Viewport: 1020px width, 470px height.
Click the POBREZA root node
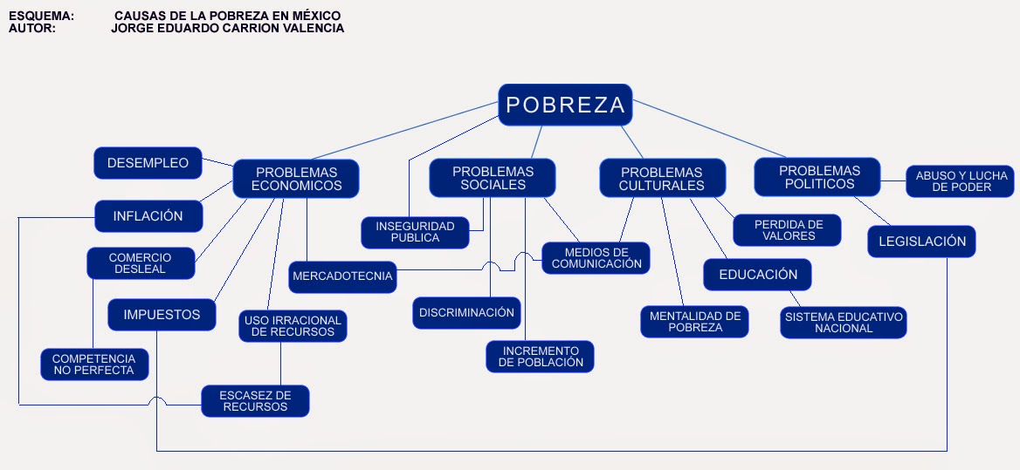coord(565,106)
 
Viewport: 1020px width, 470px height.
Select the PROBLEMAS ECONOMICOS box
coord(297,179)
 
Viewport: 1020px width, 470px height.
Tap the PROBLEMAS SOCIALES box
coord(493,178)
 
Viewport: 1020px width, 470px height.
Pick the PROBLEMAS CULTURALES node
coord(662,179)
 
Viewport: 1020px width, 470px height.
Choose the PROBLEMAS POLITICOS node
coord(819,177)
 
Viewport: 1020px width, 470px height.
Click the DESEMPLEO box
coord(148,163)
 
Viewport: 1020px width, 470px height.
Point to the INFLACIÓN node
coord(148,216)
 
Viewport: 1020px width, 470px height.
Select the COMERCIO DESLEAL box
coord(140,263)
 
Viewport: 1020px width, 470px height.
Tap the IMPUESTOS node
coord(162,315)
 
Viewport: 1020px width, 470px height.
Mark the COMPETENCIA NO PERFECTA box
coord(94,364)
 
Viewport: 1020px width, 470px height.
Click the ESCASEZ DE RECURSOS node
coord(255,401)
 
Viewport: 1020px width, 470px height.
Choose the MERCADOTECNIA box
coord(343,276)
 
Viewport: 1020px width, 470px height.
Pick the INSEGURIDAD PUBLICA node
coord(415,232)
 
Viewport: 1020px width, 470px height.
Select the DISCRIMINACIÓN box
coord(466,312)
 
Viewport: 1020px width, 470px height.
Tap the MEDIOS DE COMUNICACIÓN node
coord(596,258)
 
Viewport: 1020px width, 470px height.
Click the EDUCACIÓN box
coord(758,275)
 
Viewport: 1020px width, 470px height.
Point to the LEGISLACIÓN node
coord(920,242)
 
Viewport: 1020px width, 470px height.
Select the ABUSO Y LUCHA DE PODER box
coord(961,181)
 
